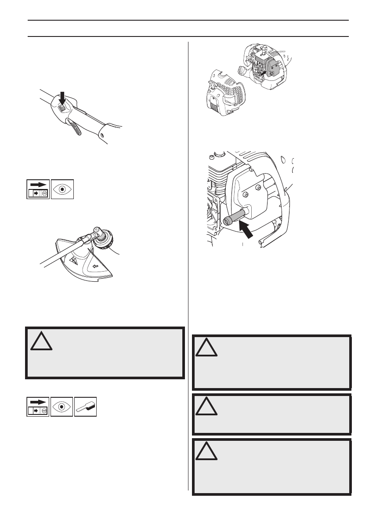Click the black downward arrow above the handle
tap(61, 96)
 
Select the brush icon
tap(86, 406)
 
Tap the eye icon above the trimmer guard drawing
tap(62, 189)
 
